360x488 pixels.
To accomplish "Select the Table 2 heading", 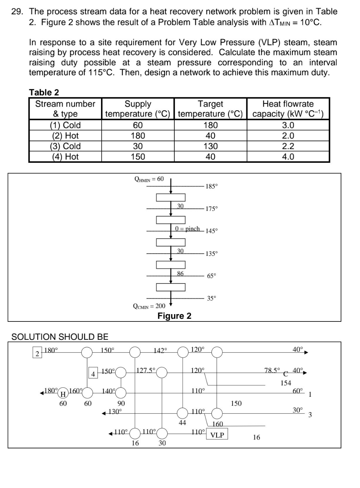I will pyautogui.click(x=44, y=92).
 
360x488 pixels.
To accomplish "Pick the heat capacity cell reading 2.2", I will pyautogui.click(x=288, y=146).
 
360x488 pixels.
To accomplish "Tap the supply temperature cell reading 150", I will pyautogui.click(x=138, y=157).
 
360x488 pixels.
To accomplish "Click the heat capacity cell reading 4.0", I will pyautogui.click(x=288, y=157).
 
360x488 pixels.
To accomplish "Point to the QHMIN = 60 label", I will pyautogui.click(x=149, y=179).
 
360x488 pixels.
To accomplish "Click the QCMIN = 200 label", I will pyautogui.click(x=149, y=306).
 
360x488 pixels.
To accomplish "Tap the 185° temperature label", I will pyautogui.click(x=212, y=186).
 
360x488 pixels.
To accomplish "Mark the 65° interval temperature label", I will pyautogui.click(x=211, y=276).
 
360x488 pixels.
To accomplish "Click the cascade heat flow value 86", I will pyautogui.click(x=180, y=273).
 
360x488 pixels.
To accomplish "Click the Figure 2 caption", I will pyautogui.click(x=174, y=316).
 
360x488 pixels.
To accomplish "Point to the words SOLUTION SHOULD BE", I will pyautogui.click(x=60, y=337).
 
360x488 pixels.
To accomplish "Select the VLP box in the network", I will pyautogui.click(x=217, y=435).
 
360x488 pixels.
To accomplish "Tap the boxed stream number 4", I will pyautogui.click(x=93, y=374).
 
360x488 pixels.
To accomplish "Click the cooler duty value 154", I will pyautogui.click(x=286, y=383).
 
